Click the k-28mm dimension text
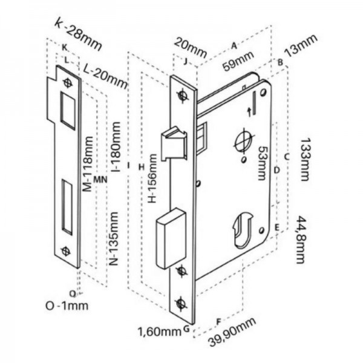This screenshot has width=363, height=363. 78,34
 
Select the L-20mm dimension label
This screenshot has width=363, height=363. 105,76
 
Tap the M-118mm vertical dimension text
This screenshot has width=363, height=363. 88,164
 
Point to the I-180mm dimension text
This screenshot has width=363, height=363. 116,146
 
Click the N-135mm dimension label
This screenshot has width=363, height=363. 114,238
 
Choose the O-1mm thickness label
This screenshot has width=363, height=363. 67,306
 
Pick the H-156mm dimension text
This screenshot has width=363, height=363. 152,178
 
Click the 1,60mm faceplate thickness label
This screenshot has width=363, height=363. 160,332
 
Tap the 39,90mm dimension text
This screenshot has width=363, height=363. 232,332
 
